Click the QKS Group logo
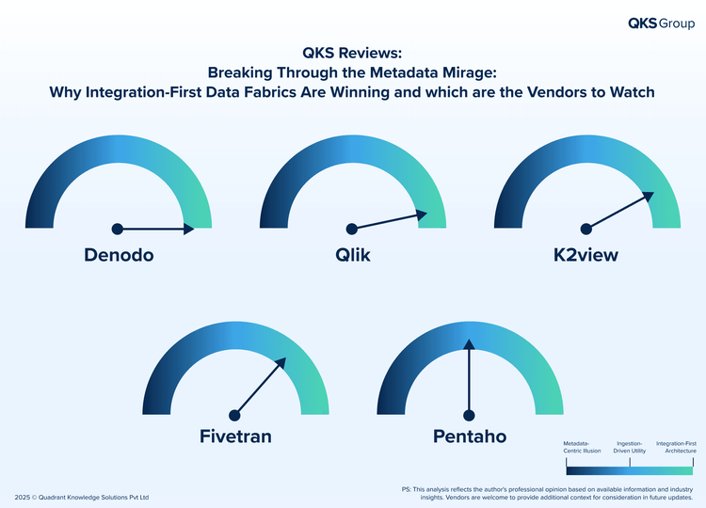[x=661, y=24]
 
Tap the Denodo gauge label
[x=119, y=255]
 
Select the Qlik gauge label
[x=353, y=255]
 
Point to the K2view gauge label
[x=586, y=255]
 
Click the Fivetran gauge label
[x=235, y=437]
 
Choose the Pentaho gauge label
[x=470, y=437]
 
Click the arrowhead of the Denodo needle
[x=189, y=229]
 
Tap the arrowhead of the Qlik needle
[x=422, y=214]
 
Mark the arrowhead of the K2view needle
[x=649, y=197]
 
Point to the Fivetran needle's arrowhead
[x=281, y=363]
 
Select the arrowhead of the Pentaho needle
[x=469, y=344]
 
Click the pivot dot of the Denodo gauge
[x=118, y=229]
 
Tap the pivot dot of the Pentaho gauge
[x=469, y=415]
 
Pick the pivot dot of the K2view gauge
[x=586, y=229]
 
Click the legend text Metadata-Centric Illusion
[x=582, y=447]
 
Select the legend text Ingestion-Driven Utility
[x=630, y=447]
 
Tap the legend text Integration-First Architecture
[x=676, y=447]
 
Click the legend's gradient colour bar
[x=630, y=470]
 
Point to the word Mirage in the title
[x=470, y=72]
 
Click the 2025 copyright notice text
[x=82, y=498]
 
